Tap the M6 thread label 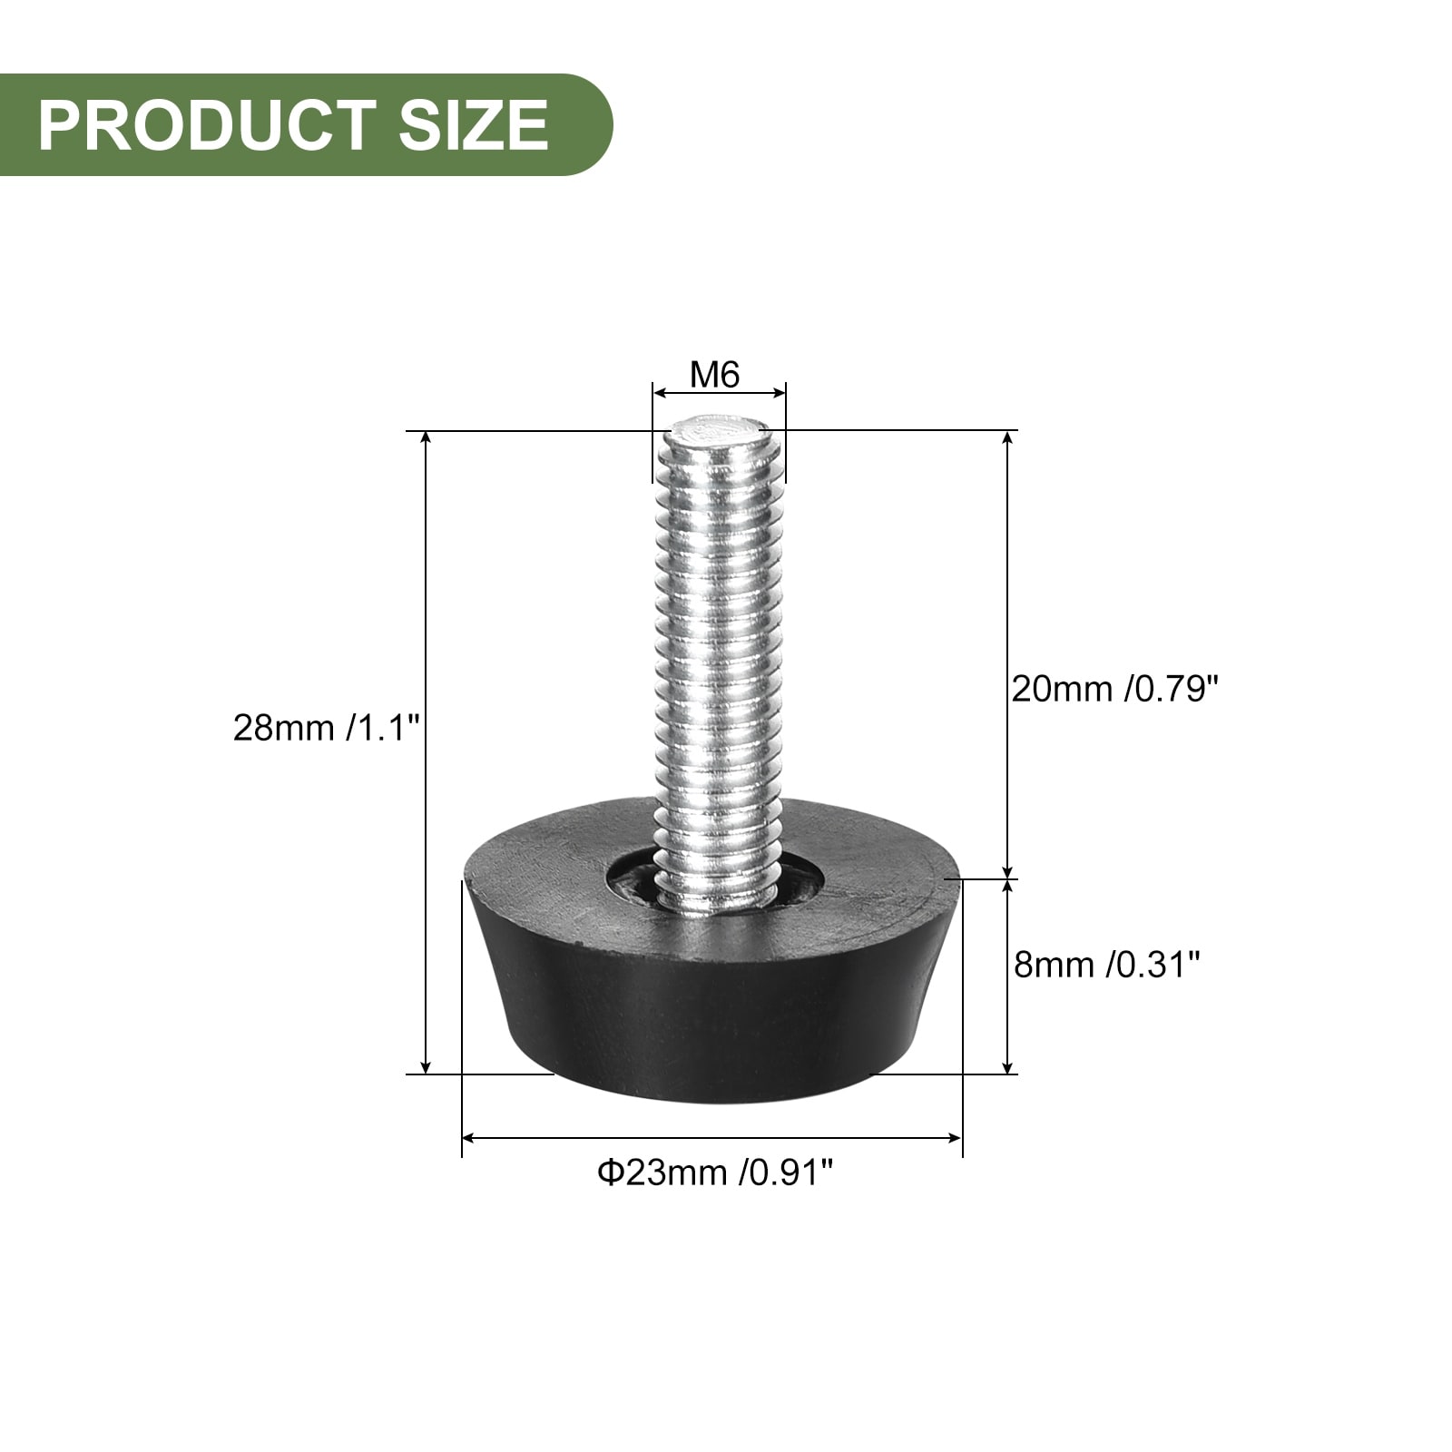(x=715, y=374)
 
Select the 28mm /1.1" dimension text (x=327, y=727)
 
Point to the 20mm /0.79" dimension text (x=1114, y=690)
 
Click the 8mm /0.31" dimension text (x=1107, y=964)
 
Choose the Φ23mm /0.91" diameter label (x=715, y=1172)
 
